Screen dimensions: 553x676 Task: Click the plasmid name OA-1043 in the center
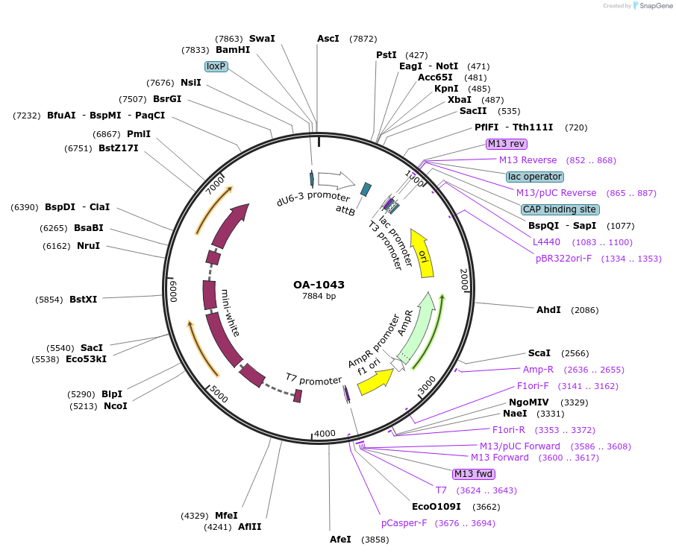[x=319, y=285]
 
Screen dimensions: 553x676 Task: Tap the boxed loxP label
[x=216, y=66]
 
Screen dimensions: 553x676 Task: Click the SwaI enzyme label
[x=262, y=39]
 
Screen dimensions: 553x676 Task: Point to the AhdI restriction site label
[x=548, y=309]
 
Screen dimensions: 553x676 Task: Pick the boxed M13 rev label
[x=507, y=144]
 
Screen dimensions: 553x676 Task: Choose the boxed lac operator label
[x=534, y=177]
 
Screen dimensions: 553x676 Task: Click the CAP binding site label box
[x=559, y=209]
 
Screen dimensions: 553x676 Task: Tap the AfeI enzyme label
[x=340, y=540]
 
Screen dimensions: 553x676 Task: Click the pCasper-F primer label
[x=404, y=523]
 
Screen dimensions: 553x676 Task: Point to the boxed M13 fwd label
[x=474, y=474]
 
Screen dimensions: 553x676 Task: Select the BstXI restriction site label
[x=83, y=300]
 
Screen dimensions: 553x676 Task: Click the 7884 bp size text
[x=319, y=297]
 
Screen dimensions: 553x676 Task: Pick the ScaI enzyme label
[x=539, y=353]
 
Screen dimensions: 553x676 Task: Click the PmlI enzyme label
[x=139, y=134]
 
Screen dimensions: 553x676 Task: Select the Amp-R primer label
[x=538, y=370]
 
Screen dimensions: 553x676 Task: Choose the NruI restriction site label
[x=88, y=245]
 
